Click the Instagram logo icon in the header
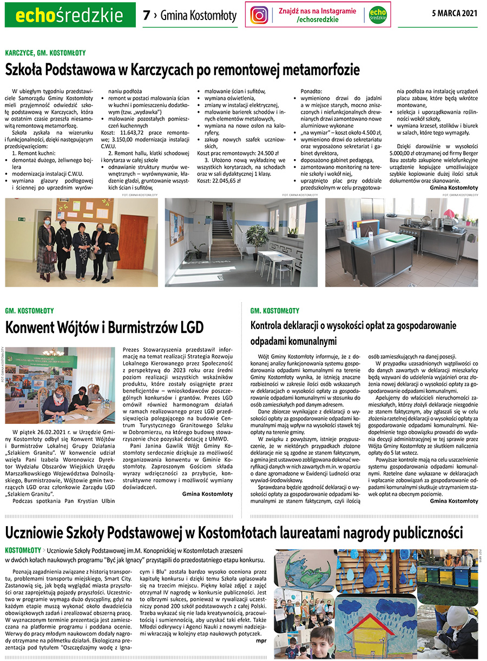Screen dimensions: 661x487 pos(259,15)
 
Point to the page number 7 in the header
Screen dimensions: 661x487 pos(146,15)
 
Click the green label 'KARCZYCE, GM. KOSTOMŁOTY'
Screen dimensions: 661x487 pos(45,53)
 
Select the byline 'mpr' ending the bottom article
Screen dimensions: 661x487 pos(261,640)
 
